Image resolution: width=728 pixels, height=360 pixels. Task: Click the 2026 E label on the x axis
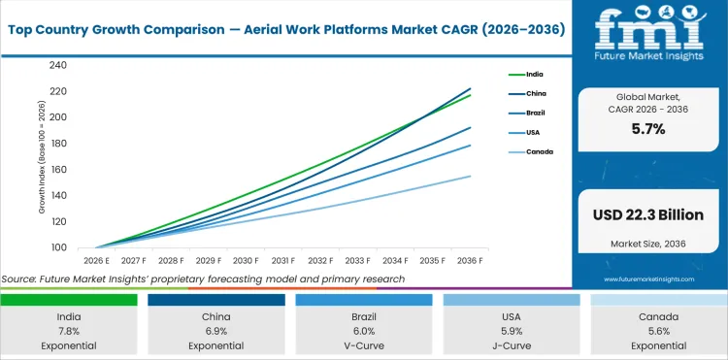pyautogui.click(x=96, y=260)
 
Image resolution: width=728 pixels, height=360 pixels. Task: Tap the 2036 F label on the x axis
pyautogui.click(x=471, y=260)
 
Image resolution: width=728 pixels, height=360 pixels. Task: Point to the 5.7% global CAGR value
pyautogui.click(x=647, y=129)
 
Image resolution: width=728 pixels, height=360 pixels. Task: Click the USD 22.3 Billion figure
pyautogui.click(x=648, y=214)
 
